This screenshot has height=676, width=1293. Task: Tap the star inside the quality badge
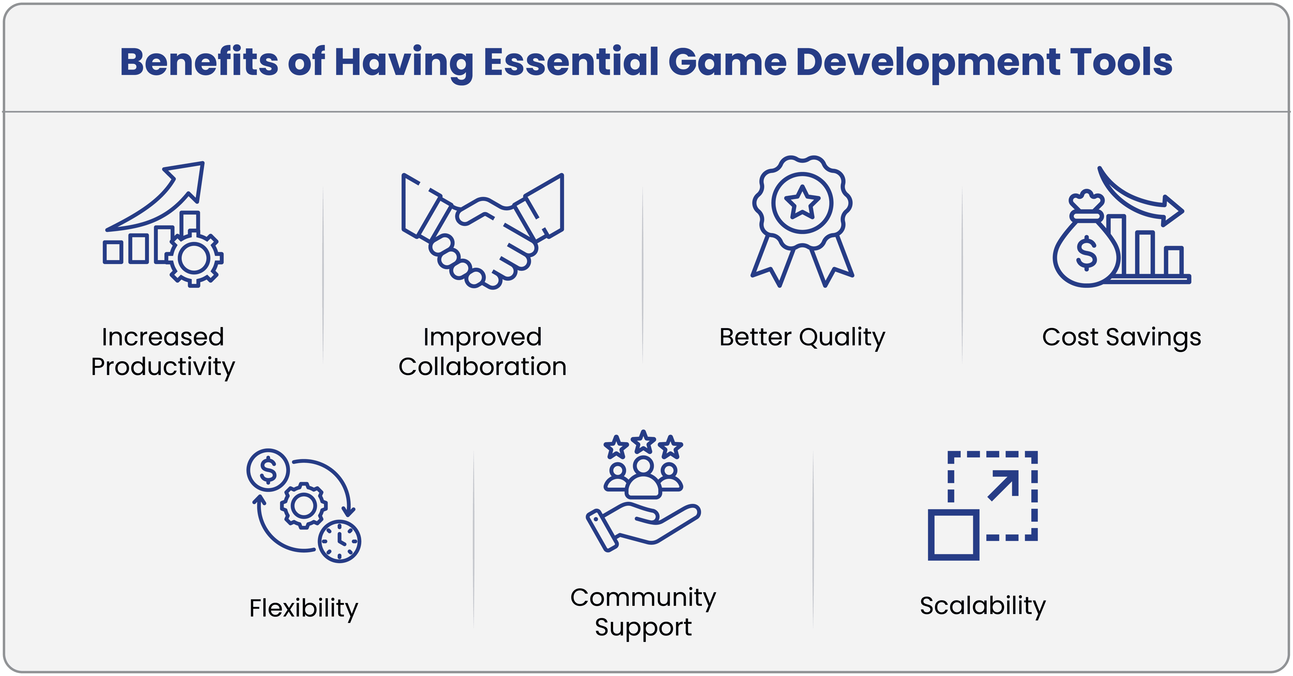[802, 203]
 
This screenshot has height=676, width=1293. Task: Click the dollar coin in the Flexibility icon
[268, 470]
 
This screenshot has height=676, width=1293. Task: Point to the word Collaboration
[482, 367]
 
